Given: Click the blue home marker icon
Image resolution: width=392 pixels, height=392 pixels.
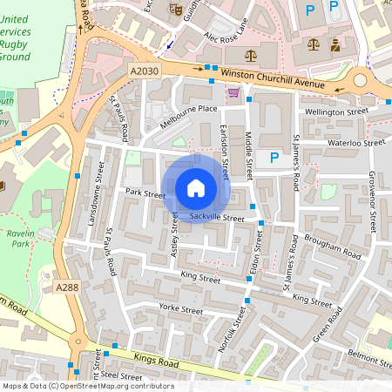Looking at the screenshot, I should (196, 187).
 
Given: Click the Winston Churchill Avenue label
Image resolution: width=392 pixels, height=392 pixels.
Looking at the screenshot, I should (273, 79).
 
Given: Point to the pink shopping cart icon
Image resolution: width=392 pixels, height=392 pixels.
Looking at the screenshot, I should (233, 91).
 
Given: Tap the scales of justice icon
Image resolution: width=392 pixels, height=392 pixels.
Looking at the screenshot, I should (252, 54).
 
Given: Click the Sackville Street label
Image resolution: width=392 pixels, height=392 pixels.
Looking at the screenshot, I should (217, 217).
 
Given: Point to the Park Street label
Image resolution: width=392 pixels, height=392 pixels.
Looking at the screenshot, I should (145, 193).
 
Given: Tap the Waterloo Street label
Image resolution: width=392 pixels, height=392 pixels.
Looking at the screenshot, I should (355, 143).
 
